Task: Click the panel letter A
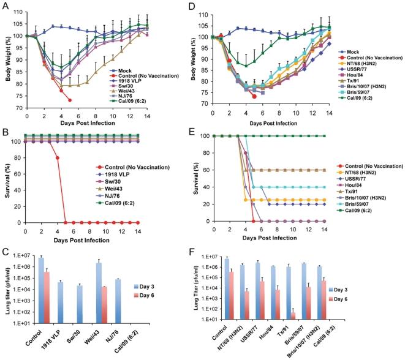click(5, 6)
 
